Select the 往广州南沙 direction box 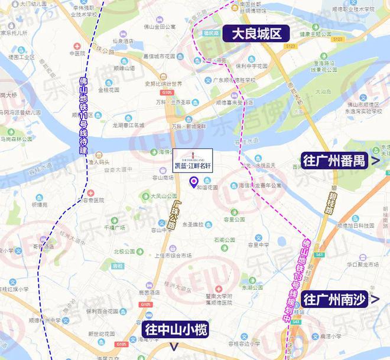pos(337,299)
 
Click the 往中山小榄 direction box pos(175,330)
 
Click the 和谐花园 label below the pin pos(207,187)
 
